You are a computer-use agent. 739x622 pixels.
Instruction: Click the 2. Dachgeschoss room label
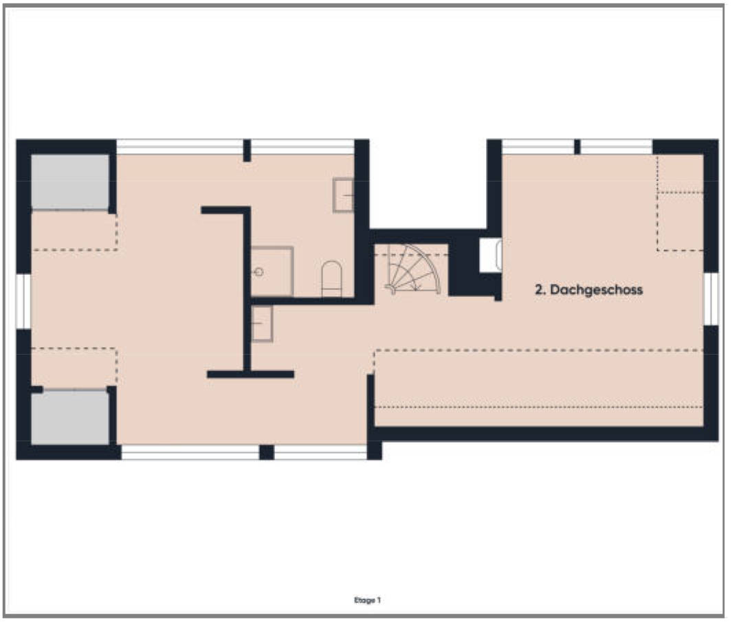point(588,289)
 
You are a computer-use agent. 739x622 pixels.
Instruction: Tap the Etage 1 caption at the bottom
point(367,600)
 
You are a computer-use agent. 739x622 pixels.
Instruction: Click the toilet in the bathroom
point(331,279)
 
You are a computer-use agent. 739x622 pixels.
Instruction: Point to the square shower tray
point(272,271)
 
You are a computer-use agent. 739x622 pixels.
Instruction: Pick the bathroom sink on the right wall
point(343,195)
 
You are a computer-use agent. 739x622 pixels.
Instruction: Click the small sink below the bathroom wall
point(262,323)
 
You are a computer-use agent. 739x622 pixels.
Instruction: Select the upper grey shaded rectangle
point(69,181)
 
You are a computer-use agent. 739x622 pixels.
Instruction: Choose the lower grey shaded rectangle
point(69,417)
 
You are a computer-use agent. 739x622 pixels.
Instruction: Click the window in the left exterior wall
point(23,301)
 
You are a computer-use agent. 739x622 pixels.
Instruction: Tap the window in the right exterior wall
point(711,299)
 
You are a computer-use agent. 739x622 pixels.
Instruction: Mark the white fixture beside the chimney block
point(491,255)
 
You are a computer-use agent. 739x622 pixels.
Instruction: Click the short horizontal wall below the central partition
point(250,375)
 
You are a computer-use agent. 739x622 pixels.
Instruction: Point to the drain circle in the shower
point(258,272)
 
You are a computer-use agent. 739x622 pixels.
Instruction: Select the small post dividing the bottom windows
point(266,452)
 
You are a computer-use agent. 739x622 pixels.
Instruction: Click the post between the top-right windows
point(577,146)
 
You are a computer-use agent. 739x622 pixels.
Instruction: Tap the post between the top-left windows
point(247,151)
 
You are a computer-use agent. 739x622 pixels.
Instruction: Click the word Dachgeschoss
point(596,289)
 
